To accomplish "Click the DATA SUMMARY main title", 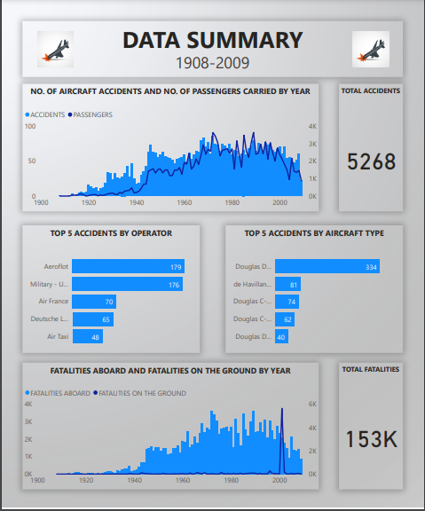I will point(212,40).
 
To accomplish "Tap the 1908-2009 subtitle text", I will point(212,63).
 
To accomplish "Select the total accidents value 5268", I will point(371,161).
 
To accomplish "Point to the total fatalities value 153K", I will point(371,439).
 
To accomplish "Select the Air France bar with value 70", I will point(93,302).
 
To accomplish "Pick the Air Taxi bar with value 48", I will point(88,337).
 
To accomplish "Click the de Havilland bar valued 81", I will point(287,284).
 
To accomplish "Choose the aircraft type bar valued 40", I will point(281,337).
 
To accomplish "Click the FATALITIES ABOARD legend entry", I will point(57,392).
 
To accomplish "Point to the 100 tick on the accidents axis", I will point(29,127).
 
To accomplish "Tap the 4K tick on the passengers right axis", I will point(312,127).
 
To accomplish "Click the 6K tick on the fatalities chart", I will point(312,405).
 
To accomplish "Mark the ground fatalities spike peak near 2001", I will point(282,409).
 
